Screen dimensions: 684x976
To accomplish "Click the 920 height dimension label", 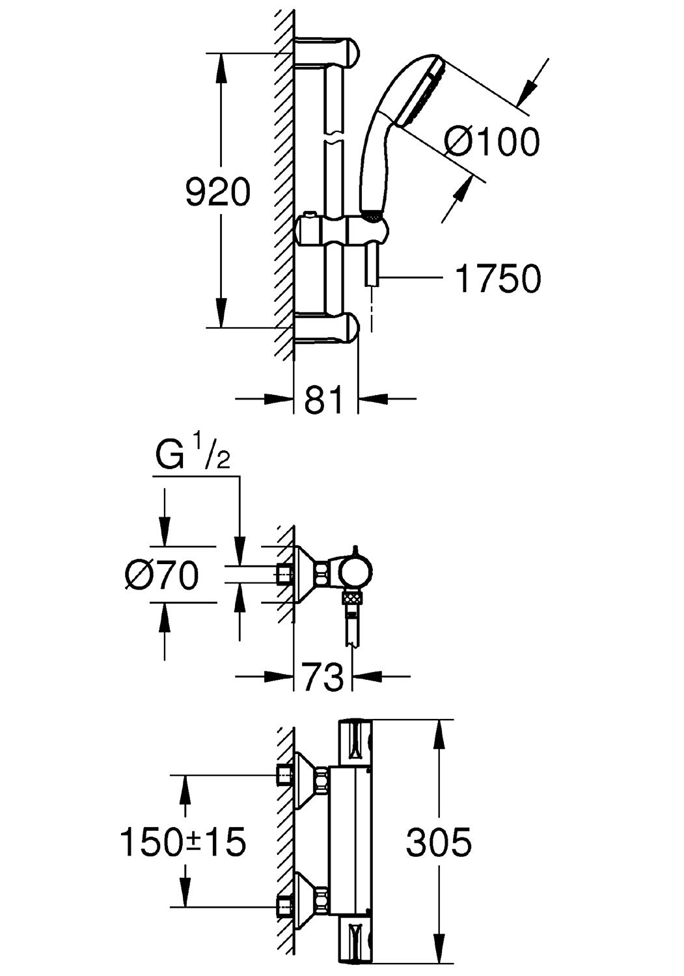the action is click(218, 192).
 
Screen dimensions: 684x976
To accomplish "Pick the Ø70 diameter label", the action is click(161, 575).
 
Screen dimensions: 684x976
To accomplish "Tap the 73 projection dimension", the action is click(323, 676).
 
